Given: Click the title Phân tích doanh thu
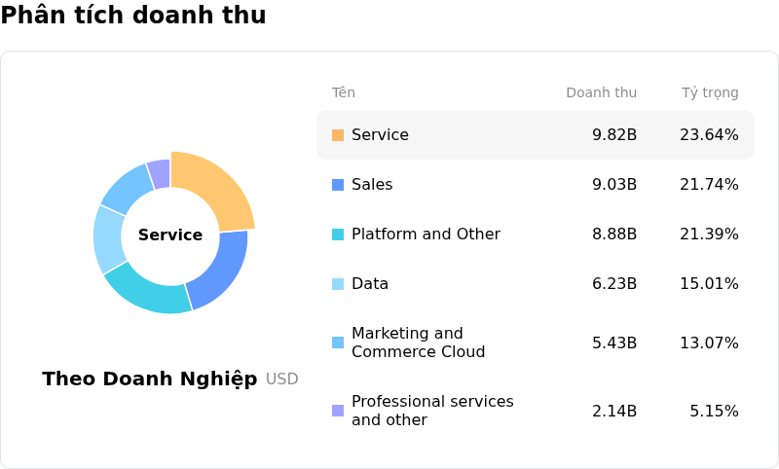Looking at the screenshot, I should [133, 16].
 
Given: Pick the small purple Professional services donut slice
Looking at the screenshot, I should [160, 173].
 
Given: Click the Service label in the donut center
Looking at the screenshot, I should [170, 234].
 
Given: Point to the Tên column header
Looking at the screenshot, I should [344, 92].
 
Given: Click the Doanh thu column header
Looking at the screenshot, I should [601, 92].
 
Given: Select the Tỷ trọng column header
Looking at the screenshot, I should [710, 92].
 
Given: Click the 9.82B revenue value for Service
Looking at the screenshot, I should [614, 134].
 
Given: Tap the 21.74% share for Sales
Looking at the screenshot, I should [709, 184].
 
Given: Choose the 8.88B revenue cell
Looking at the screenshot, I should [614, 234].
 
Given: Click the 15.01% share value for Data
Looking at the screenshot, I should [709, 283].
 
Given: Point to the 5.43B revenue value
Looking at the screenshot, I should [614, 343].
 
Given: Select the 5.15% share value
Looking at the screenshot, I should [714, 411].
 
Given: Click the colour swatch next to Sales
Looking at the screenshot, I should [338, 184].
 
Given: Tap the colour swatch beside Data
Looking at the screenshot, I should [338, 283].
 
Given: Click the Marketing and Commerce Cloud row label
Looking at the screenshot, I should [418, 343].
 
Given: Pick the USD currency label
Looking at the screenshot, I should [282, 379].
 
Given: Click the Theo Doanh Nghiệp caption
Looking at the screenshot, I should [150, 379].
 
